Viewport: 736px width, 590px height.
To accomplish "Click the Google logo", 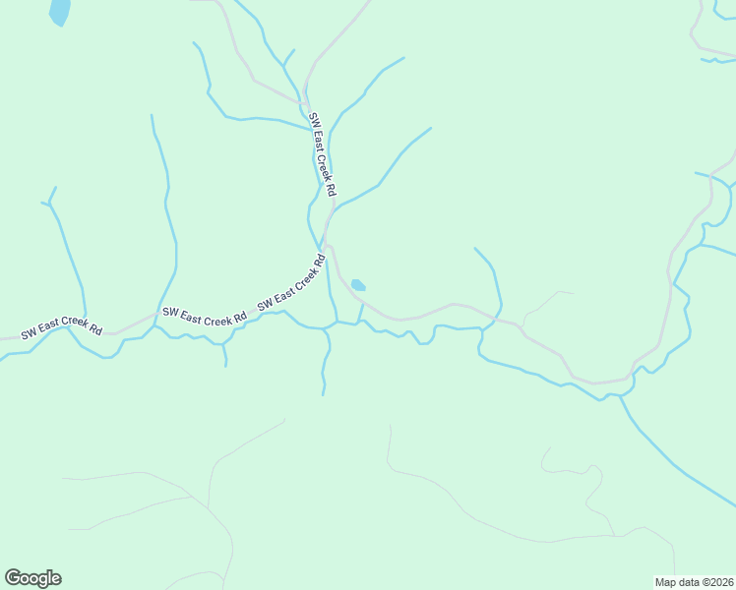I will tap(33, 578).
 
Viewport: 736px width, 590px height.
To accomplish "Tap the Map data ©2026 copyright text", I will tap(694, 582).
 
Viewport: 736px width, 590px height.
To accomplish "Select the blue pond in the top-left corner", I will tap(60, 11).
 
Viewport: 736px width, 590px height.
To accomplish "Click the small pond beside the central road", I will tap(358, 285).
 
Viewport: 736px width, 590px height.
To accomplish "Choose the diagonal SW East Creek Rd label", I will tap(292, 284).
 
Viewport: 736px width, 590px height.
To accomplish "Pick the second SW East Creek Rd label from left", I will tap(205, 316).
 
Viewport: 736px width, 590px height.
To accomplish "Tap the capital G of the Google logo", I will tap(14, 578).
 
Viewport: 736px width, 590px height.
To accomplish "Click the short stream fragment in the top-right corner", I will tap(717, 61).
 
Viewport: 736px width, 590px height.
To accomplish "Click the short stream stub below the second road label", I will tap(225, 354).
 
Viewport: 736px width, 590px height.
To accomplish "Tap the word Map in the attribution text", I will tap(666, 582).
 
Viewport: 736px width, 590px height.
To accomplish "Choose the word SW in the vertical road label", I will tap(314, 119).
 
